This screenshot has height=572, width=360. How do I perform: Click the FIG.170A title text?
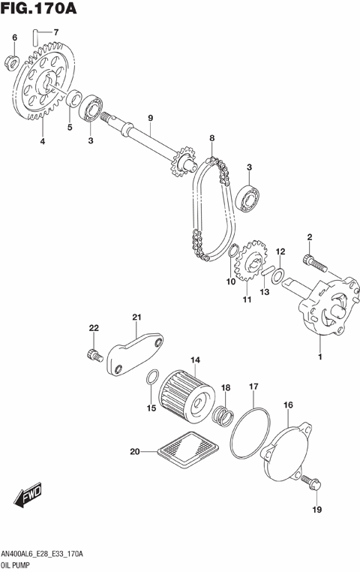tap(41, 11)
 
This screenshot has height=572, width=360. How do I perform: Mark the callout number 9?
tap(150, 118)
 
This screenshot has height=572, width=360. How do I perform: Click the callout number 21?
tap(136, 317)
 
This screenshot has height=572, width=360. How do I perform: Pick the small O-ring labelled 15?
tap(151, 379)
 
